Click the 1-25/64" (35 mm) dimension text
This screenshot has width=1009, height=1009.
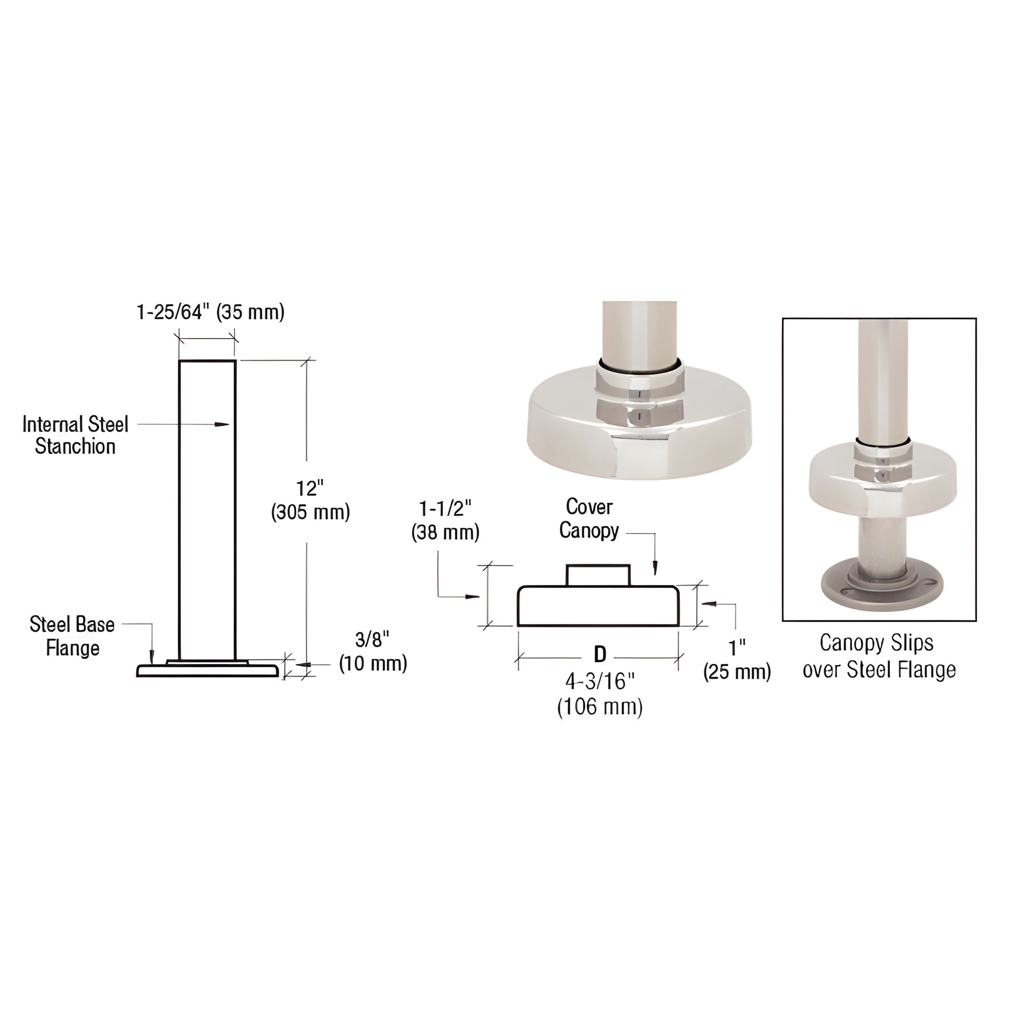coord(211,312)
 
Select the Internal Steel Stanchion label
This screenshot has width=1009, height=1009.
coord(75,435)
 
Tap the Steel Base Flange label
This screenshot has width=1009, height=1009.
coord(72,636)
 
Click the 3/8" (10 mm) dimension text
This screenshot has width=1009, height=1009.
coord(373,651)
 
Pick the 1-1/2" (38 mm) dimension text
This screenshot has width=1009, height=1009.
coord(445,520)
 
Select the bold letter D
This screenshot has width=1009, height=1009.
coord(600,654)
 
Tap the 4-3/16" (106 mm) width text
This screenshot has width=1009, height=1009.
coord(599,694)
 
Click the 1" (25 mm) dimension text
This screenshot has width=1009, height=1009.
coord(737,660)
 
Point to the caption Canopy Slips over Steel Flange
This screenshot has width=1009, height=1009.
coord(879,656)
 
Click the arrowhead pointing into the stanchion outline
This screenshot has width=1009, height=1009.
coord(223,424)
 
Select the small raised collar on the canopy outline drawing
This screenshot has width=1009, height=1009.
coord(598,575)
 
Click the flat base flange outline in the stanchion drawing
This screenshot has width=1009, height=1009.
coord(208,670)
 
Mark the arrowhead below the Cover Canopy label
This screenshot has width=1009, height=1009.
coord(655,568)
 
